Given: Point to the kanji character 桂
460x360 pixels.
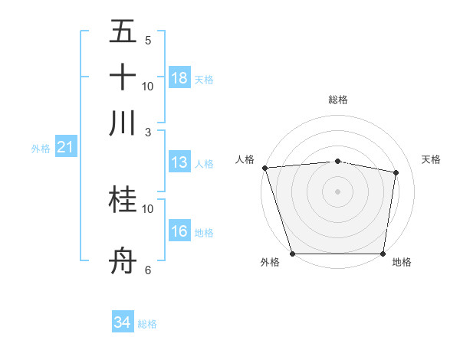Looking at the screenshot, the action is click(x=123, y=201).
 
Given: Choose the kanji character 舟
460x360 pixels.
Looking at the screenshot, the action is click(x=123, y=262).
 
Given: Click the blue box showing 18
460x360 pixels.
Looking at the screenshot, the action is click(x=179, y=78).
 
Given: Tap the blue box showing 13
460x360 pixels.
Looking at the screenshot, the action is click(x=179, y=162).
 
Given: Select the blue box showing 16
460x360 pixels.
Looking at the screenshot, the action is click(x=179, y=231).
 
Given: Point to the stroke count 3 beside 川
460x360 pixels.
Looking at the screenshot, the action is click(x=148, y=131).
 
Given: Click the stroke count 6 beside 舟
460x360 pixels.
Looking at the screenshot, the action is click(x=148, y=270).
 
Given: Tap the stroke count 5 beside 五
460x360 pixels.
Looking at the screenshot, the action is click(x=148, y=40).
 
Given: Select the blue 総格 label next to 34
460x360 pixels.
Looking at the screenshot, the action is click(x=147, y=324).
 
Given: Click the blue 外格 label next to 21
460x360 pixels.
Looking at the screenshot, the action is click(x=40, y=149).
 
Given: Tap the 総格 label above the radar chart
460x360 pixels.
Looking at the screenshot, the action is click(x=337, y=100).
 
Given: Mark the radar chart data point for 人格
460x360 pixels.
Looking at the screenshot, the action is click(x=264, y=168).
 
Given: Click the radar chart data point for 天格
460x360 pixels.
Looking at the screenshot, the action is click(x=396, y=172).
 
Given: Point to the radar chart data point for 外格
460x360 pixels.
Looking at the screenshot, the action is click(x=293, y=254).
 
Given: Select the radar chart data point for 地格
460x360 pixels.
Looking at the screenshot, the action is click(x=383, y=254).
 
